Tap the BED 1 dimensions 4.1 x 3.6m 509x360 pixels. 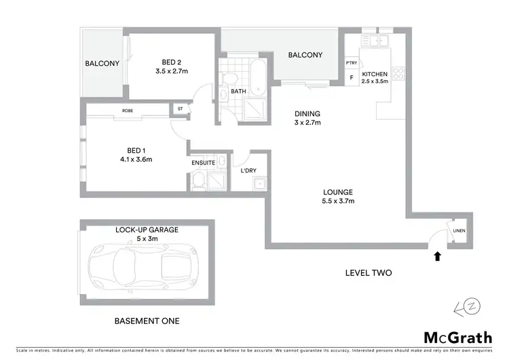[135, 160]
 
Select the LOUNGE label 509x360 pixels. [338, 192]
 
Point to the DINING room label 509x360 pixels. [307, 113]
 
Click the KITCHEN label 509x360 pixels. [375, 73]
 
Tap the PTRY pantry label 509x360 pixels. [351, 63]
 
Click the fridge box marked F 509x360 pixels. [352, 77]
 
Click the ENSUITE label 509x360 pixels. [204, 163]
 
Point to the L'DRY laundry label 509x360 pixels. [248, 170]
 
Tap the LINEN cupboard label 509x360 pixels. [459, 230]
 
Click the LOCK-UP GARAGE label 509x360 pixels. [147, 230]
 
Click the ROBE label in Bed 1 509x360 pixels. [128, 110]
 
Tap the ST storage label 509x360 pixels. [181, 109]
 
